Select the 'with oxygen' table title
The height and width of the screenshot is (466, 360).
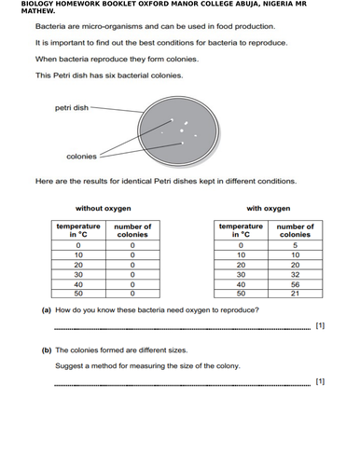[268, 208]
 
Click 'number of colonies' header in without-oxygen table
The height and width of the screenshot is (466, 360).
[132, 230]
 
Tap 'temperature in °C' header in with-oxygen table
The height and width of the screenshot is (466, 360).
[241, 230]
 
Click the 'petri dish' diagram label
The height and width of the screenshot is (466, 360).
[74, 107]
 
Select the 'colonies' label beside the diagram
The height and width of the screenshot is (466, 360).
[82, 157]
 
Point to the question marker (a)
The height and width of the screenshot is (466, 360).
[46, 310]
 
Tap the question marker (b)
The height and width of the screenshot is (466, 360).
[46, 350]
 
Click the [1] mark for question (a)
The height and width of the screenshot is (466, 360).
[320, 327]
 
